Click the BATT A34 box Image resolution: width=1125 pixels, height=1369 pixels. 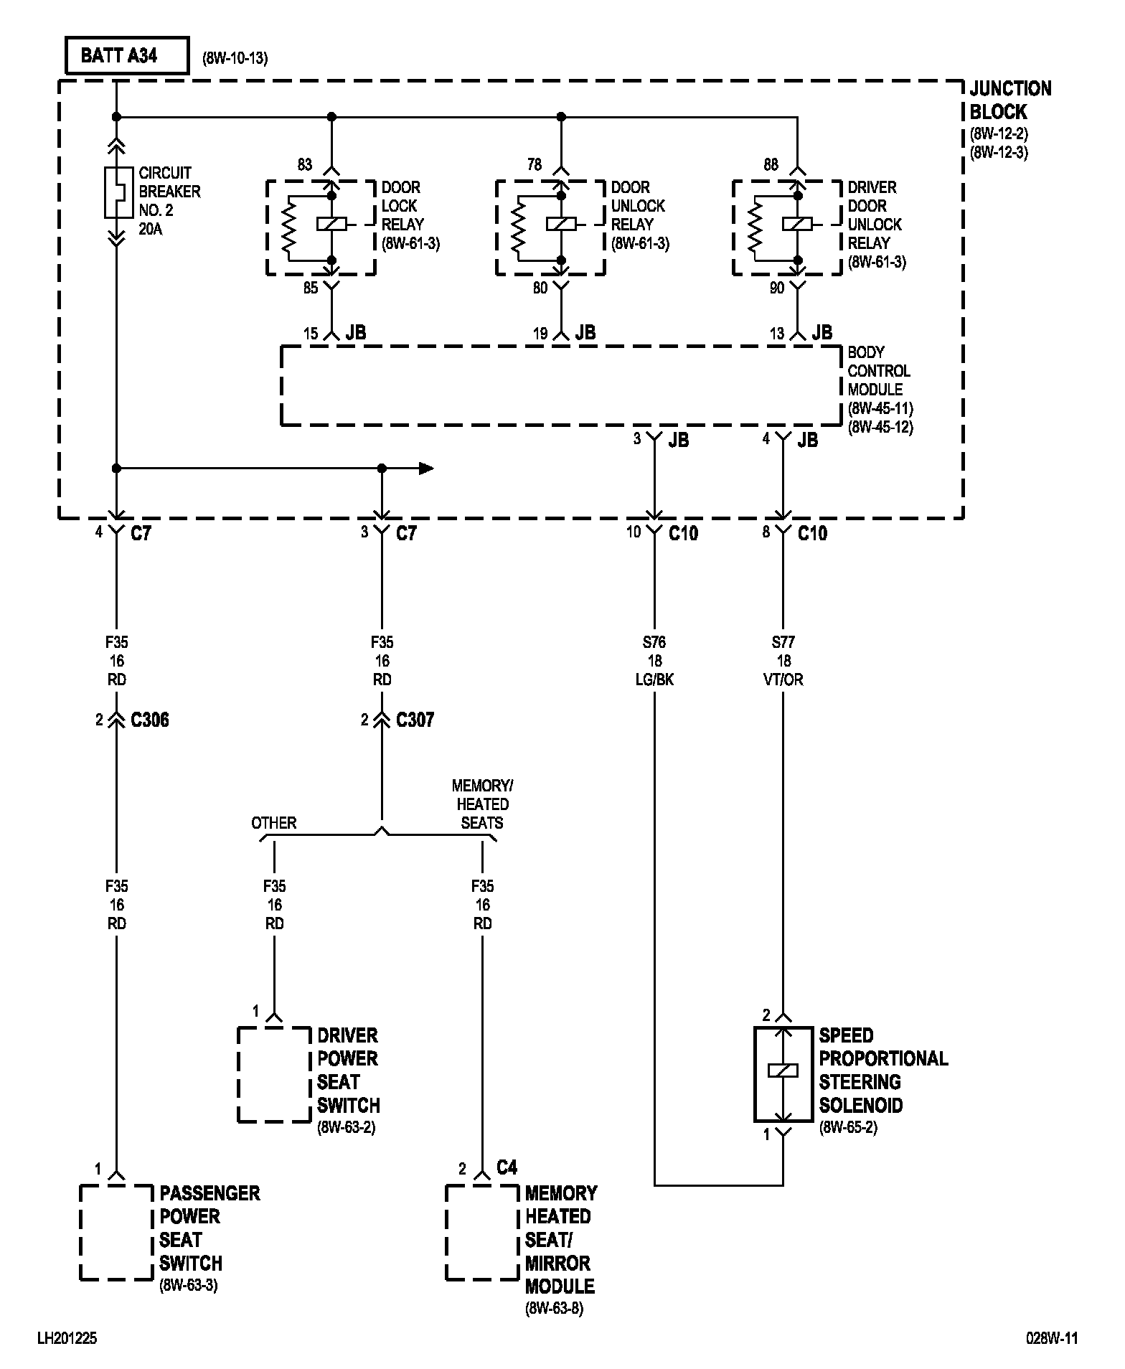pyautogui.click(x=127, y=56)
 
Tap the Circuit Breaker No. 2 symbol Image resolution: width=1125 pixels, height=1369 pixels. pyautogui.click(x=117, y=192)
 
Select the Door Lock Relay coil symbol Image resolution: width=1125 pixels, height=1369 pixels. pyautogui.click(x=331, y=224)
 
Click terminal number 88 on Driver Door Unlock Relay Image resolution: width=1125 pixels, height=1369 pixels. pyautogui.click(x=771, y=164)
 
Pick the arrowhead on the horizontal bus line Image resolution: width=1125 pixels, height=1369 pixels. pyautogui.click(x=426, y=469)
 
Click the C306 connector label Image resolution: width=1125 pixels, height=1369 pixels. pyautogui.click(x=150, y=720)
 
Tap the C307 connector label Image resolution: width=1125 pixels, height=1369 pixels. pyautogui.click(x=415, y=720)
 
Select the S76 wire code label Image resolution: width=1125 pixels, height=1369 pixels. pyautogui.click(x=654, y=642)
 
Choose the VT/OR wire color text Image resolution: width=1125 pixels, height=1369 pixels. pyautogui.click(x=783, y=679)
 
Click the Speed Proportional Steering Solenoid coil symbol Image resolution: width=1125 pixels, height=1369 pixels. pyautogui.click(x=783, y=1071)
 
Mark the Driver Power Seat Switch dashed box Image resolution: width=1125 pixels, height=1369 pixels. pyautogui.click(x=274, y=1074)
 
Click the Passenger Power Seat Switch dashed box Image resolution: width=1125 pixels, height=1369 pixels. pyautogui.click(x=116, y=1232)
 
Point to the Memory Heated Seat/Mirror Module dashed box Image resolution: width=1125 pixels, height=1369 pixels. pyautogui.click(x=482, y=1232)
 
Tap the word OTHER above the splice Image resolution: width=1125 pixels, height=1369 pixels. pyautogui.click(x=274, y=823)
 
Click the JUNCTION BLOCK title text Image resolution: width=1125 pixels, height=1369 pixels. pyautogui.click(x=1010, y=100)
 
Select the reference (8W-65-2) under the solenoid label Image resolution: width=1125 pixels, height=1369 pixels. pyautogui.click(x=849, y=1127)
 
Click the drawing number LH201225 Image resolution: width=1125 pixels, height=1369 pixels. pyautogui.click(x=67, y=1338)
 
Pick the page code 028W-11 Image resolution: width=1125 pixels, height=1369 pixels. pyautogui.click(x=1052, y=1338)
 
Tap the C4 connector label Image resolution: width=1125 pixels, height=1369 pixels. pyautogui.click(x=507, y=1167)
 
